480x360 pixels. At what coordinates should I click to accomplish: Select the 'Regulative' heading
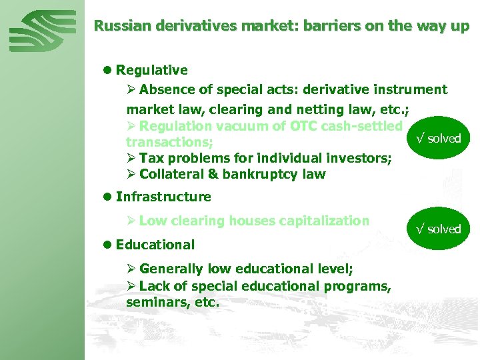[x=151, y=70]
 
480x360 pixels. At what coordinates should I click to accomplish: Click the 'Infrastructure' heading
[x=163, y=197]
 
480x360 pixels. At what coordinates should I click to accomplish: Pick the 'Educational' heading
[x=155, y=245]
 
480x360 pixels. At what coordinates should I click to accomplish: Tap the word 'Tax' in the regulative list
[x=151, y=158]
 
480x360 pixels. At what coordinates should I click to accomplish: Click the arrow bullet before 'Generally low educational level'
[x=131, y=269]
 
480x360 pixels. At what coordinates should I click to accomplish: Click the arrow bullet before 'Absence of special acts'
[x=131, y=89]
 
